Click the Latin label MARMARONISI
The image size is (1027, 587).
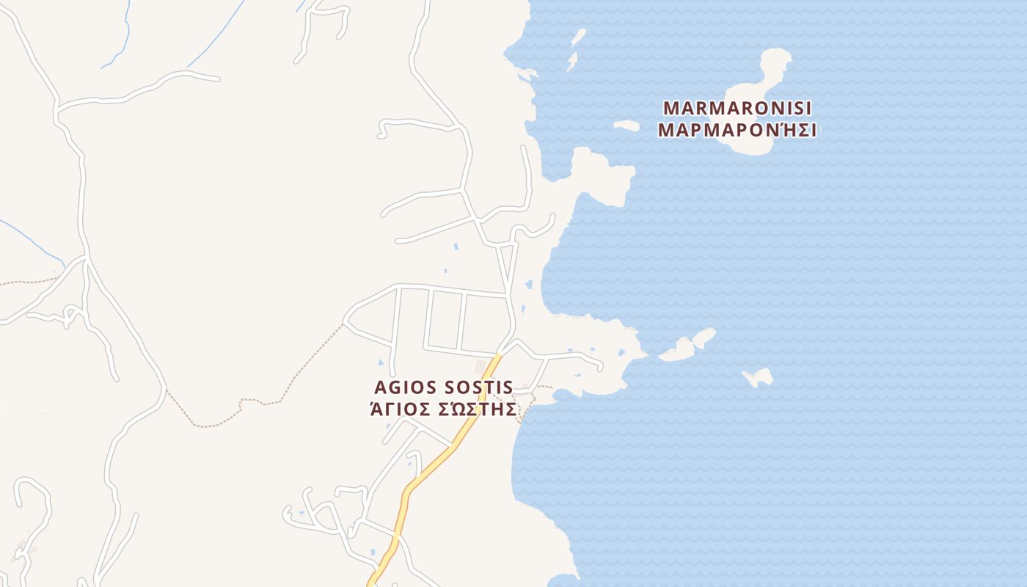(737, 108)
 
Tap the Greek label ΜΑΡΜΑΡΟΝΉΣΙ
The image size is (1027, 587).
(737, 131)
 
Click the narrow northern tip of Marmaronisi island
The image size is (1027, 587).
(775, 59)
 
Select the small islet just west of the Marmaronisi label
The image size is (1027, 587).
(626, 125)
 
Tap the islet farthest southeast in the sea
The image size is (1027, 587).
(759, 378)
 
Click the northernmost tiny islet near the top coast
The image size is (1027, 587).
(579, 37)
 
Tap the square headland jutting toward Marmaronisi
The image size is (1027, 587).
(605, 176)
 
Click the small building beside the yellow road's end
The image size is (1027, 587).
(481, 365)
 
